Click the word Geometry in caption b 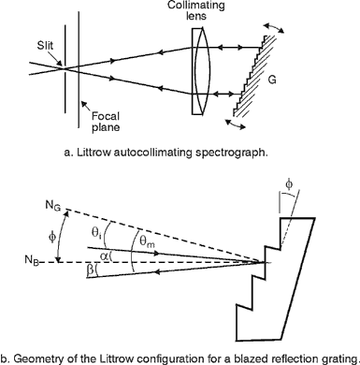coord(43,355)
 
